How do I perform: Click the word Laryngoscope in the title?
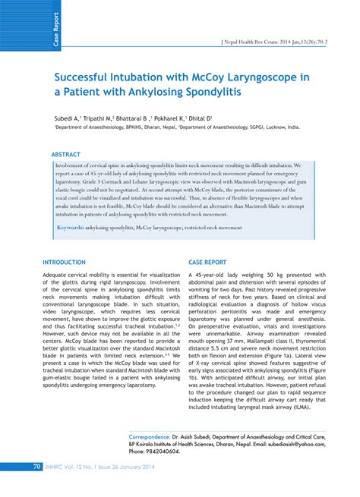tap(257, 79)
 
